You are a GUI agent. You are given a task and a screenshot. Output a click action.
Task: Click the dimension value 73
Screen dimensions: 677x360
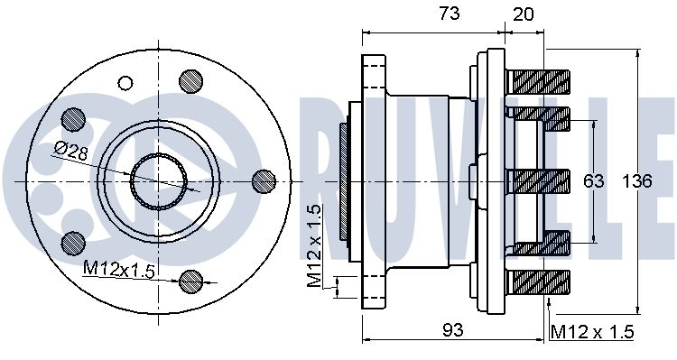click(x=450, y=14)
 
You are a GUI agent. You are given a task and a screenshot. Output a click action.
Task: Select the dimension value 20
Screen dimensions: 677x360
click(x=524, y=14)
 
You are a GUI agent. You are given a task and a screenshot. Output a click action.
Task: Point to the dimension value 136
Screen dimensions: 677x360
click(x=637, y=181)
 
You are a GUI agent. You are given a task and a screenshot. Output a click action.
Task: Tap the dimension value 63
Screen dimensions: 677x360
click(x=593, y=181)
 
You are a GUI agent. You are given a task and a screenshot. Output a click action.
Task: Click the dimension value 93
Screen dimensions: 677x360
click(x=453, y=330)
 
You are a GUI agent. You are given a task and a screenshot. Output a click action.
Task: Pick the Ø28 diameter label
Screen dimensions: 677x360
click(x=72, y=151)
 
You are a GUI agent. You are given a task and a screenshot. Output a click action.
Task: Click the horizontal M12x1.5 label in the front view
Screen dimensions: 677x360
click(x=118, y=270)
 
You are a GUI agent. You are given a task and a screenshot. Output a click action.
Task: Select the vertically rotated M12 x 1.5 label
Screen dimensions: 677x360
click(x=315, y=246)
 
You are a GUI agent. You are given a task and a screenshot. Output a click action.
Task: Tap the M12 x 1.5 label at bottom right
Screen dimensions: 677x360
click(x=592, y=332)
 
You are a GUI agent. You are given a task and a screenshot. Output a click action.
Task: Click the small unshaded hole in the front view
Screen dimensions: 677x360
click(x=125, y=82)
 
